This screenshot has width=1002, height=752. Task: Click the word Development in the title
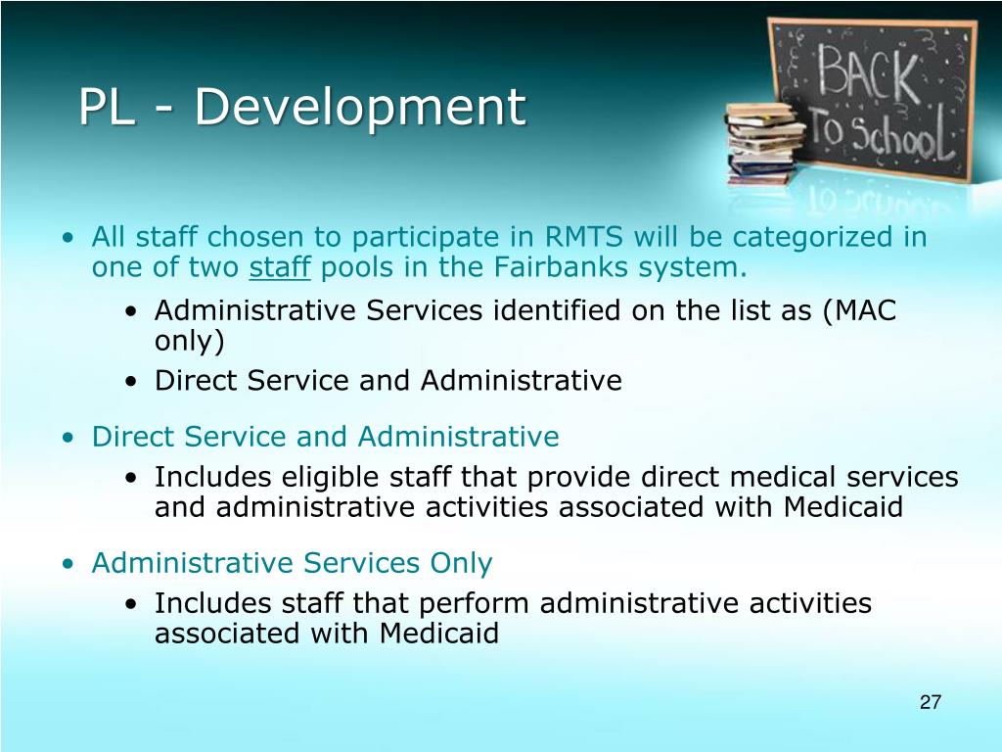point(359,107)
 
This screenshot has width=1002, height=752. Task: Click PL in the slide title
point(107,107)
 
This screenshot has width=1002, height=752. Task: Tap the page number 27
point(930,702)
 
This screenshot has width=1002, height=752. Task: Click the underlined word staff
point(280,268)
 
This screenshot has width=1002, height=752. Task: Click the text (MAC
point(859,311)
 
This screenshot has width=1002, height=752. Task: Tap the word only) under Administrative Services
point(189,342)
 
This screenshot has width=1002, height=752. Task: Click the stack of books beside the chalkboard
point(759,142)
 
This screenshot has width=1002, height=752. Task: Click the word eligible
point(332,477)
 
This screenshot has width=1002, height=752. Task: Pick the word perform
point(481,603)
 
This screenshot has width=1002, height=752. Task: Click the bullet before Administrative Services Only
point(67,564)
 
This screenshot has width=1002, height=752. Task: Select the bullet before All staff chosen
point(67,238)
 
